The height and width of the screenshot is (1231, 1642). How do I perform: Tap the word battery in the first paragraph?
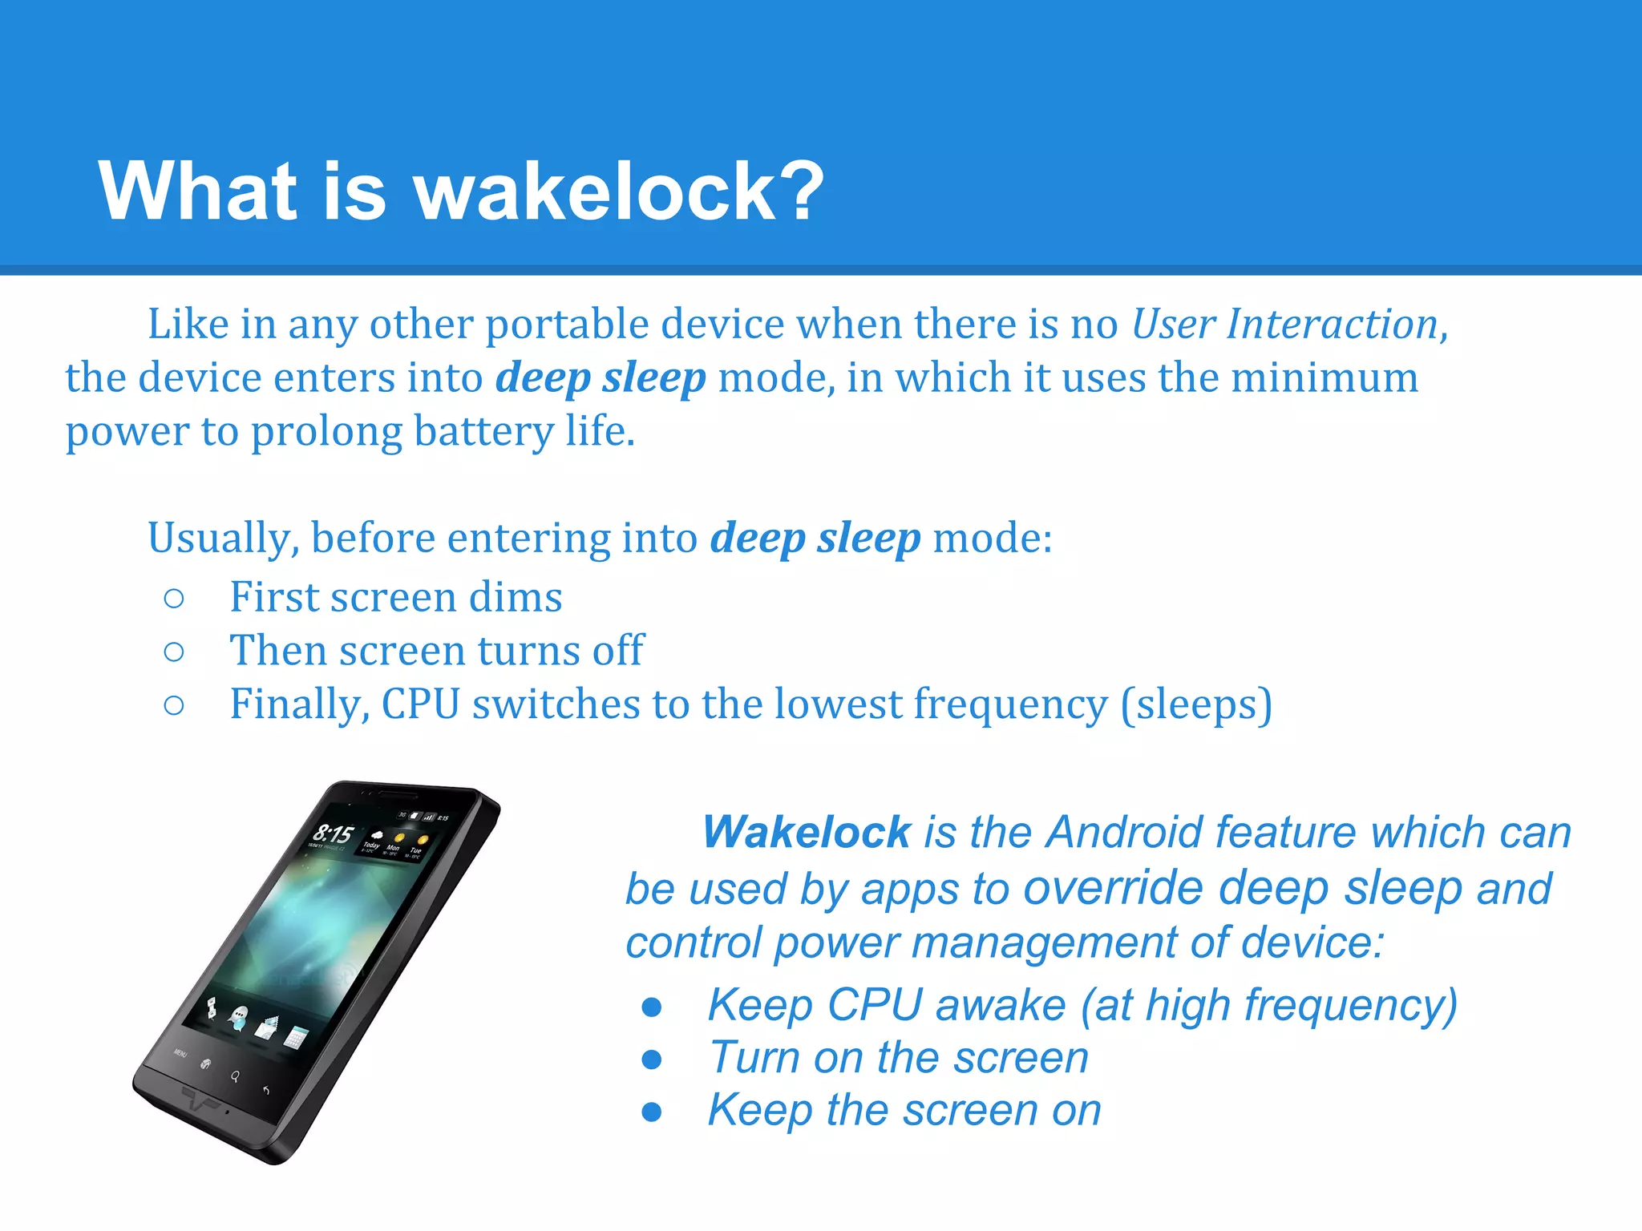(x=483, y=431)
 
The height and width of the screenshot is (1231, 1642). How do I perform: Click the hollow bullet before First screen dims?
(x=173, y=598)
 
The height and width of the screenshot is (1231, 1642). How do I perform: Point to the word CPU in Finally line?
(x=421, y=704)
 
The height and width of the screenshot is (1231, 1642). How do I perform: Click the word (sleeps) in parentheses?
(x=1196, y=705)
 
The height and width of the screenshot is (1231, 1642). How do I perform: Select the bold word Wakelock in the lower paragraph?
(x=807, y=832)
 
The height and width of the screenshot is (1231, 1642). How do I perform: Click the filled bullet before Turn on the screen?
(x=652, y=1059)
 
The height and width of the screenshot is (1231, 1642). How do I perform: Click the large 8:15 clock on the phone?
(x=333, y=834)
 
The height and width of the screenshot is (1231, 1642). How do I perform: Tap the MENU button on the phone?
(x=181, y=1053)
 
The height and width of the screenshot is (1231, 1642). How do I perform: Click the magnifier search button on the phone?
(x=235, y=1076)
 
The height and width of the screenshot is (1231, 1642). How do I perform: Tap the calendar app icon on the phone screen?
(x=294, y=1038)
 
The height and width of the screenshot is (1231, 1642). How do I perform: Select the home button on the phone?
(x=206, y=1064)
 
